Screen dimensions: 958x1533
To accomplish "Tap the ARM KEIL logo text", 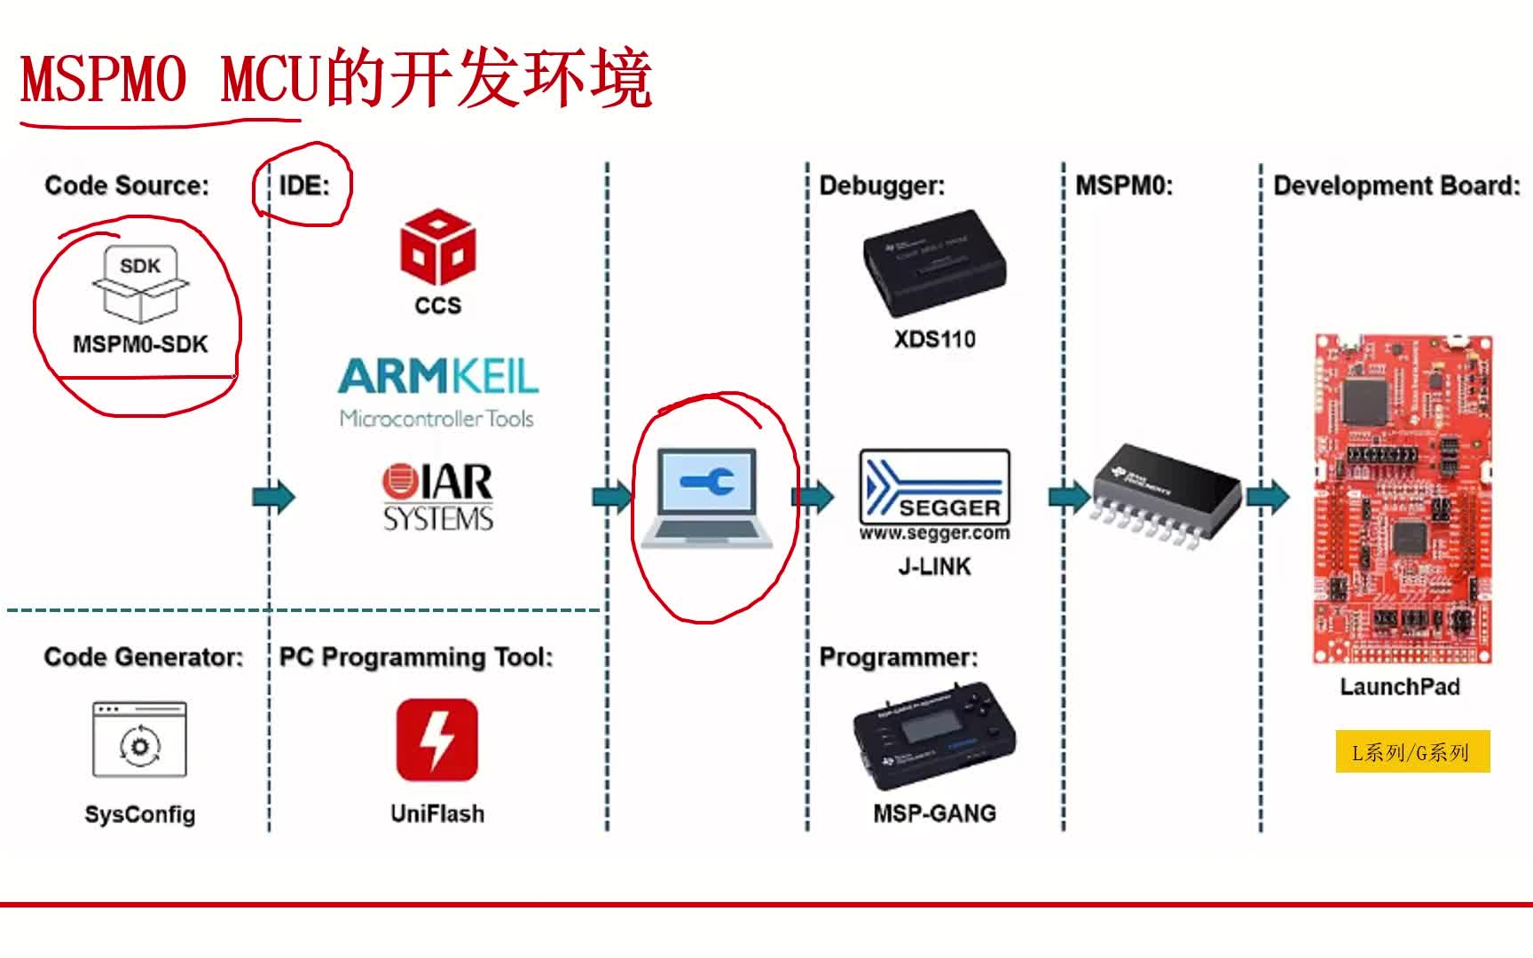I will [x=437, y=376].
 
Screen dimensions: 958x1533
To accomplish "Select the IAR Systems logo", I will [x=437, y=497].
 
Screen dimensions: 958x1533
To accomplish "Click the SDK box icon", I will [x=140, y=284].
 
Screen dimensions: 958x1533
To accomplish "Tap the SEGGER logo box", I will [x=934, y=486].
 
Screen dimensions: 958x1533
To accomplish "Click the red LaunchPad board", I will [x=1402, y=499].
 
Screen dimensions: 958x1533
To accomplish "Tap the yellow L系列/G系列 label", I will [x=1411, y=752].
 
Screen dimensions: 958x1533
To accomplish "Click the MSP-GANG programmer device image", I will [x=934, y=736].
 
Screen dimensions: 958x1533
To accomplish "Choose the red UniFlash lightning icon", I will [x=436, y=740].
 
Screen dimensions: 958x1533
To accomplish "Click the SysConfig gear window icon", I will [x=140, y=740].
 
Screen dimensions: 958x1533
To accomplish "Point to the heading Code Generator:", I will [x=143, y=656].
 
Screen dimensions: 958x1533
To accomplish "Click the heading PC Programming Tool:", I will [x=415, y=656].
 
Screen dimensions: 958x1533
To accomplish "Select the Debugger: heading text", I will [x=882, y=185].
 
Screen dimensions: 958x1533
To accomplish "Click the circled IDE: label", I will [x=304, y=185].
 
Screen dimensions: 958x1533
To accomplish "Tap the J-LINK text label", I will [x=934, y=566].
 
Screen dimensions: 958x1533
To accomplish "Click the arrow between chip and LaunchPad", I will [x=1268, y=497].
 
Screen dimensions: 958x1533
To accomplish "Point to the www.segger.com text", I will [x=934, y=533].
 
